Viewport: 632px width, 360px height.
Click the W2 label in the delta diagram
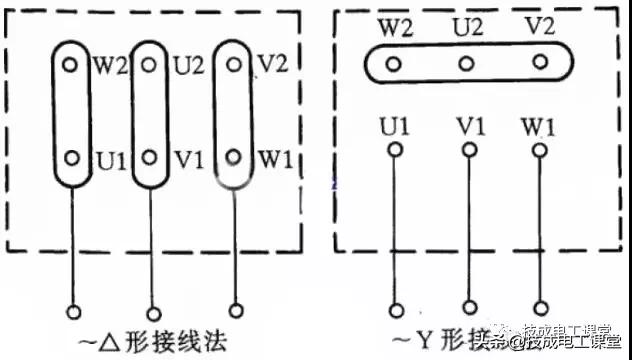pos(110,66)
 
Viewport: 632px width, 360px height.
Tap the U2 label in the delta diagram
pos(188,66)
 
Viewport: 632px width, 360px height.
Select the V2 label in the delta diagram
pos(273,66)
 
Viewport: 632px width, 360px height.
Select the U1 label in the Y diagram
pos(393,128)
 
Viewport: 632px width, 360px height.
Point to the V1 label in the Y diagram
pos(468,128)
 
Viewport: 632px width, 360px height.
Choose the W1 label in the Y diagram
pos(540,128)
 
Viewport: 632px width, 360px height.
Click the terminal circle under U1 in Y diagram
pos(395,151)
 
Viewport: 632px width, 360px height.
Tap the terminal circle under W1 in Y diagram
pos(540,151)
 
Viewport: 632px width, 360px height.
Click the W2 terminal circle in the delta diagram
pos(69,64)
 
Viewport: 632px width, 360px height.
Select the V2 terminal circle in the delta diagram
pos(233,64)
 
